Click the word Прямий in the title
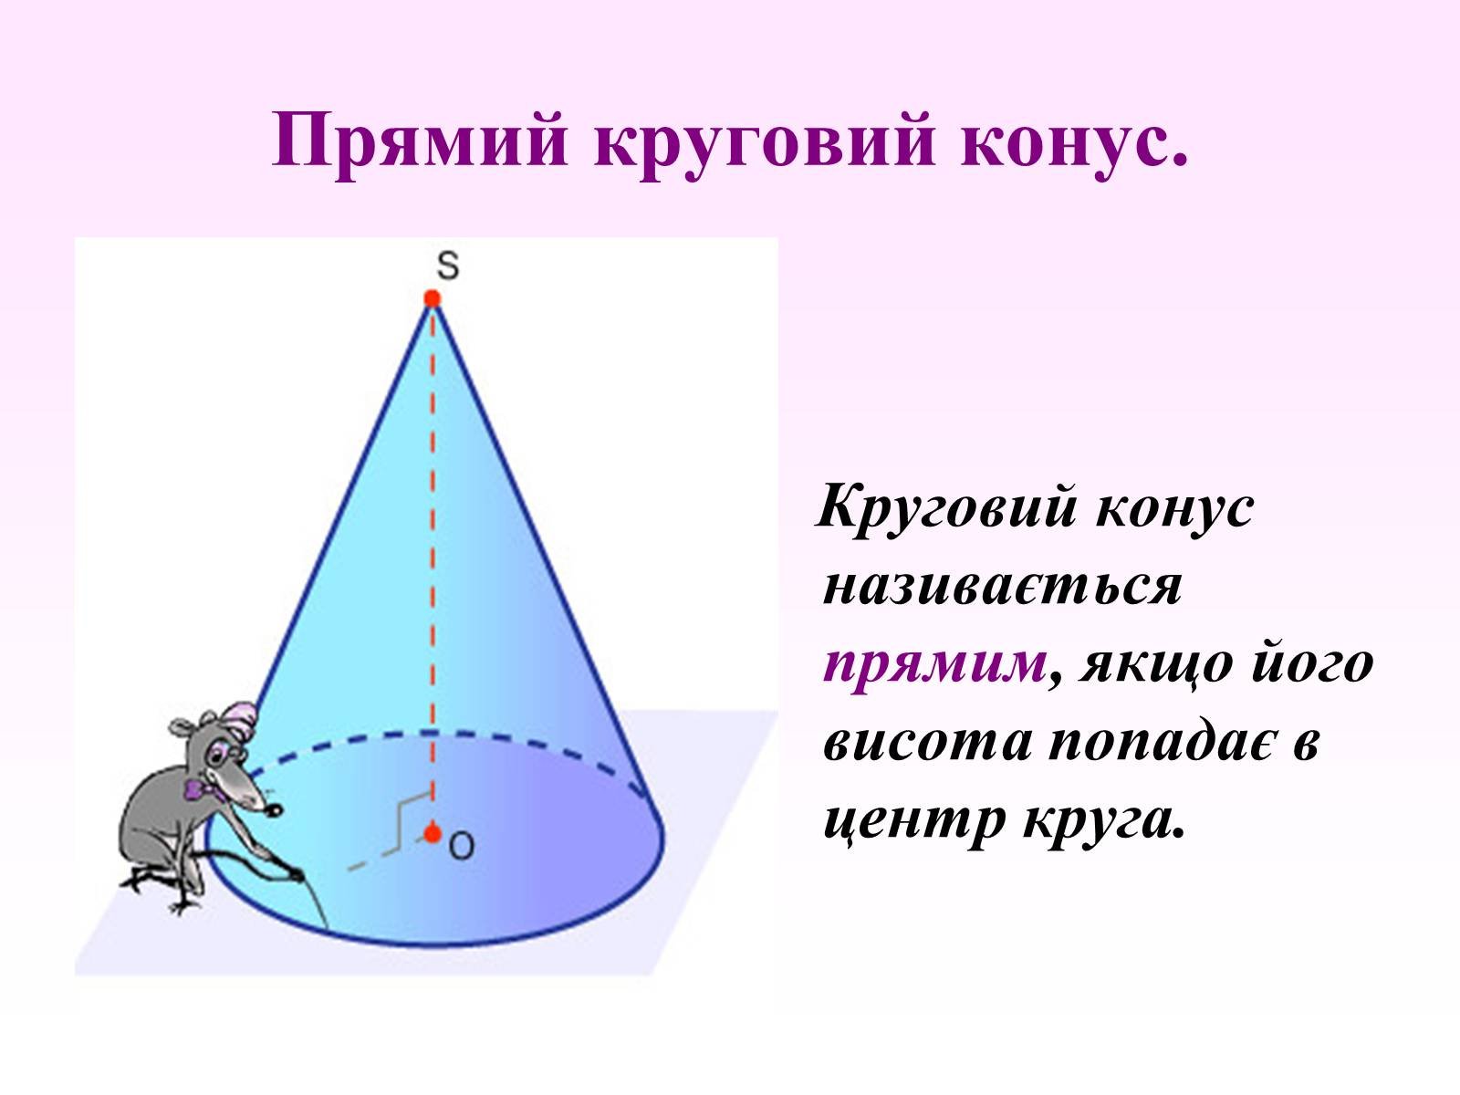click(x=420, y=141)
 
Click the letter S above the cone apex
click(x=448, y=266)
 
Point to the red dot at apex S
click(x=433, y=298)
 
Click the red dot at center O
click(x=433, y=833)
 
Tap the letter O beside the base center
click(x=462, y=847)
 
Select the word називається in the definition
click(x=1002, y=587)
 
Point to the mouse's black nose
click(x=274, y=809)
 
